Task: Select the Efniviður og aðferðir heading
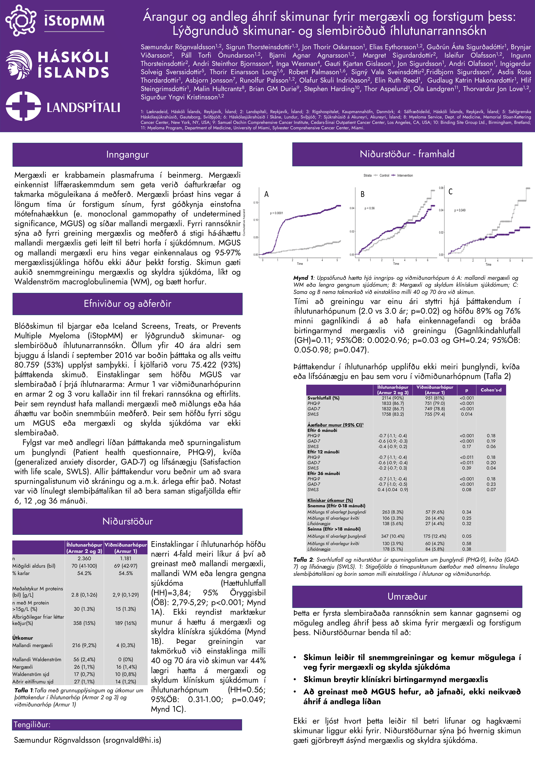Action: [127, 304]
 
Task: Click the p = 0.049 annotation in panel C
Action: [460, 210]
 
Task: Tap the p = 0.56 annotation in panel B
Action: [369, 208]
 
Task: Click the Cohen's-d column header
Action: [491, 390]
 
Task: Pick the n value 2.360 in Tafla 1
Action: [84, 558]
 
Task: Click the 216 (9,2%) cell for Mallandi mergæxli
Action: [84, 645]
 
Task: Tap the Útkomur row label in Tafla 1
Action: [23, 638]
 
